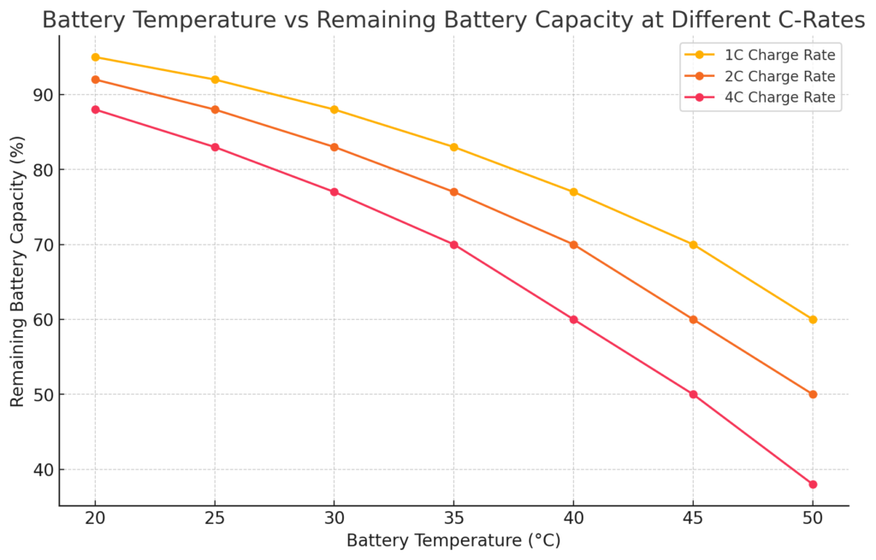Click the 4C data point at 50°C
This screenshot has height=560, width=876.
click(x=813, y=484)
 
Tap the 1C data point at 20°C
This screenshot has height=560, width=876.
click(x=95, y=57)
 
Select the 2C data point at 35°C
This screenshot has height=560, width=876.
click(x=454, y=192)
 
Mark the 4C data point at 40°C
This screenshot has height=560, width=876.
click(x=573, y=320)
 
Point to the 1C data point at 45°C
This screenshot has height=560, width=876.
click(x=693, y=245)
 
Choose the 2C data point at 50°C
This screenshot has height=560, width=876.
click(x=813, y=394)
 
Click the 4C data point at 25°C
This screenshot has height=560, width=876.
click(x=215, y=147)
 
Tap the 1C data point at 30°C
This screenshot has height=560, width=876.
click(x=334, y=109)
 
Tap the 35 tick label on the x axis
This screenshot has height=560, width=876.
click(x=454, y=519)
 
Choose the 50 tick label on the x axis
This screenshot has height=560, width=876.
click(x=813, y=519)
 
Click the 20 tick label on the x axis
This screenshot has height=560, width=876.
click(x=95, y=519)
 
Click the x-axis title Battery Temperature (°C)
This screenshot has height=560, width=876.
click(x=453, y=541)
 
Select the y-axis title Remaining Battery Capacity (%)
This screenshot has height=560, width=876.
click(x=18, y=271)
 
